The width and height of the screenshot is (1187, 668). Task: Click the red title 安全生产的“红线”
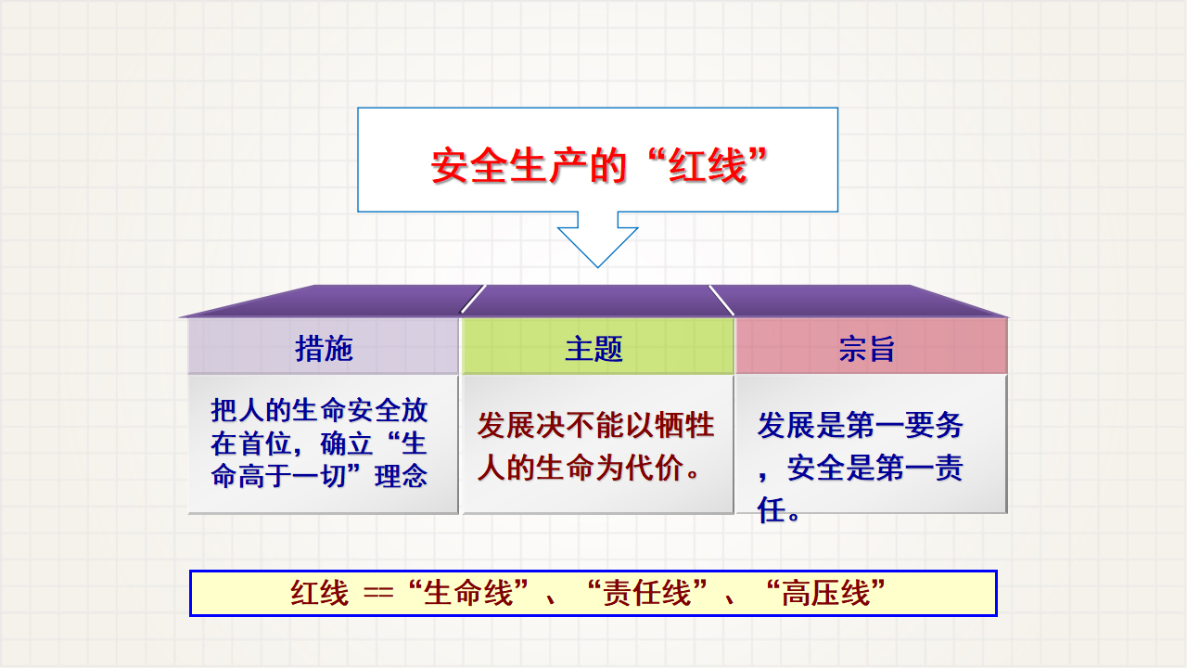[599, 165]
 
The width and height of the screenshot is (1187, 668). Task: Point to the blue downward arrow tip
[598, 266]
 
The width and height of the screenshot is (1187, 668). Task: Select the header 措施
[324, 348]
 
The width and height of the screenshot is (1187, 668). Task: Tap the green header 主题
[594, 348]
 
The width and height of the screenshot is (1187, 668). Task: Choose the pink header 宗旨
[867, 348]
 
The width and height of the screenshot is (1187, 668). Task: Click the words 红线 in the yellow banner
[320, 593]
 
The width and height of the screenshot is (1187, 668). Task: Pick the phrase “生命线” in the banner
[469, 593]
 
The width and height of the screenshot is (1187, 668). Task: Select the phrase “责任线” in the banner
[647, 593]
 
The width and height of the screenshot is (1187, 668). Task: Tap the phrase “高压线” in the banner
[826, 593]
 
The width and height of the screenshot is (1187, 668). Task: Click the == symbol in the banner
[378, 593]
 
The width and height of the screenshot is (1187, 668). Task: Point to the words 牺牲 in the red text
[684, 425]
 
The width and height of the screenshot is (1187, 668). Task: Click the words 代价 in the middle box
[655, 468]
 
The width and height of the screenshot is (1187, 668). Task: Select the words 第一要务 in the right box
[904, 425]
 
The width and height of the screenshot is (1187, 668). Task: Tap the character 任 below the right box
[771, 510]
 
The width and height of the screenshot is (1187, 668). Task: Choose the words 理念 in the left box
[402, 476]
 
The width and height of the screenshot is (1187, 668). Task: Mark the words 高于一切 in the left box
[292, 476]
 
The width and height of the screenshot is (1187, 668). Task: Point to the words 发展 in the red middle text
[506, 425]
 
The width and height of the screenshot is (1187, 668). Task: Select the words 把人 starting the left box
[237, 410]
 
